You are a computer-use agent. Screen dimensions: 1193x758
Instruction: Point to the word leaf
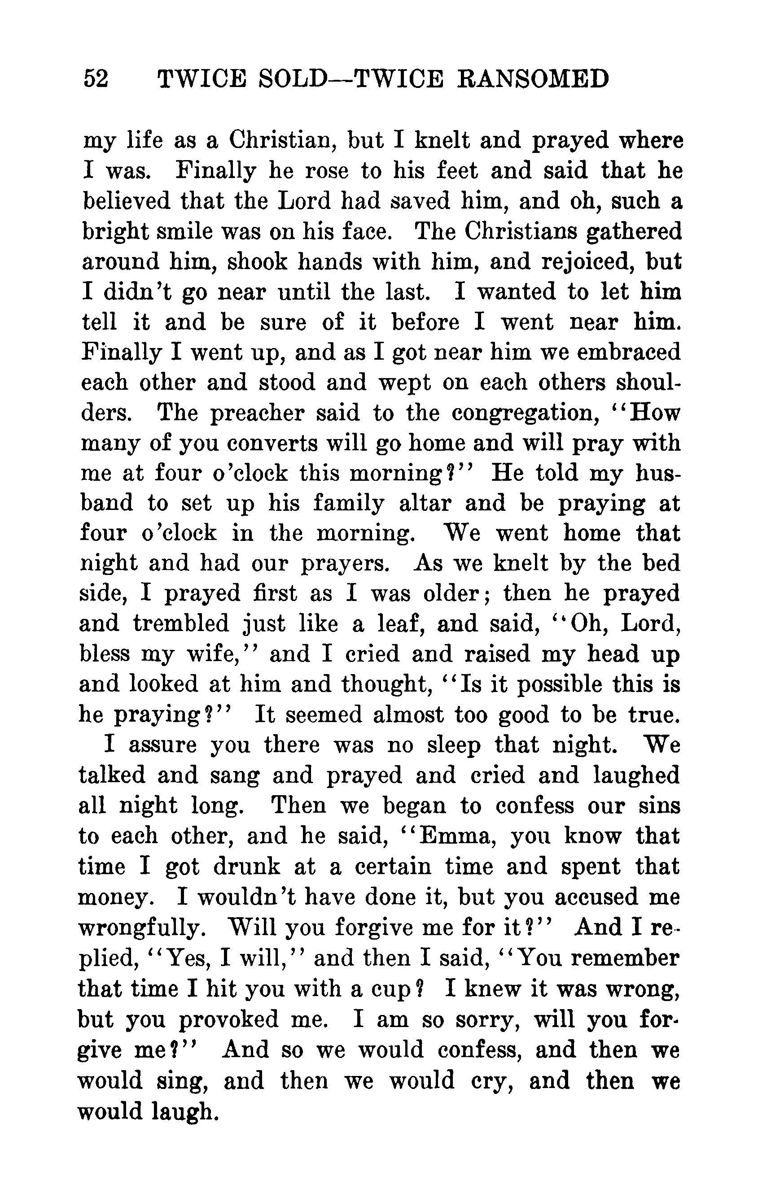pyautogui.click(x=396, y=624)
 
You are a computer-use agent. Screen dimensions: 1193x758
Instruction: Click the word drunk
pyautogui.click(x=247, y=866)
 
